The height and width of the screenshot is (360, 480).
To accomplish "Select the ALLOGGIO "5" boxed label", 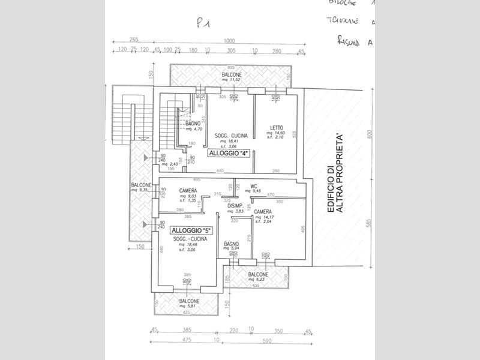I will coord(190,230).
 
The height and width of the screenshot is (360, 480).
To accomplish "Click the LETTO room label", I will coord(276,127).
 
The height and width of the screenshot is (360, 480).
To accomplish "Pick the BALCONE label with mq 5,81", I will coord(189,301).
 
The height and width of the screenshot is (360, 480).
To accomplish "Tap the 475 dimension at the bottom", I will coord(187,340).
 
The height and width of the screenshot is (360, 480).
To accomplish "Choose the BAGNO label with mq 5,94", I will coord(232,244).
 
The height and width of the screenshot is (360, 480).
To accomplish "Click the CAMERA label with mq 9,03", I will coord(188,191).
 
